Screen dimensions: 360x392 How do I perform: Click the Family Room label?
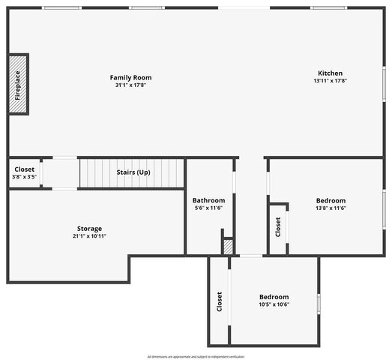[131, 77]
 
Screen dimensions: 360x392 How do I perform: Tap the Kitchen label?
[330, 73]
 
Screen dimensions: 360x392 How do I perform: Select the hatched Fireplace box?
[18, 85]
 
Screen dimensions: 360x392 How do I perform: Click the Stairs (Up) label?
[133, 172]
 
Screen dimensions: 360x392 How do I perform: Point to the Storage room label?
[89, 229]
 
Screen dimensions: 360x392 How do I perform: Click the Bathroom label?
[208, 200]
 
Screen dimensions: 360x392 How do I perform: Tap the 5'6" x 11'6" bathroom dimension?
[208, 208]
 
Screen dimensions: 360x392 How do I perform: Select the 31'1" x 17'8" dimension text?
[131, 85]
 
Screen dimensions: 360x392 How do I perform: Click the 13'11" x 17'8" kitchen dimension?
[330, 81]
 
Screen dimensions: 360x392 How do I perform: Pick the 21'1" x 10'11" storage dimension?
[89, 236]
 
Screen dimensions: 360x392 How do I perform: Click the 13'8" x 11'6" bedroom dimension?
[331, 208]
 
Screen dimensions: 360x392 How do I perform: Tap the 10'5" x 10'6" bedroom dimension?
[274, 304]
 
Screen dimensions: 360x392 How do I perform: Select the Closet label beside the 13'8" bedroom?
[278, 226]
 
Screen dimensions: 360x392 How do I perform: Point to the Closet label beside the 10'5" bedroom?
[220, 302]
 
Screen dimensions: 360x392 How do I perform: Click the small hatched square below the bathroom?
[229, 247]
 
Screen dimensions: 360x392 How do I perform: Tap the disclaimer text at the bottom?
[196, 356]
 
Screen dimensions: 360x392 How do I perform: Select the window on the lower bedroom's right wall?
[319, 304]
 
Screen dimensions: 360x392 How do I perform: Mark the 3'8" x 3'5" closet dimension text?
[24, 177]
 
